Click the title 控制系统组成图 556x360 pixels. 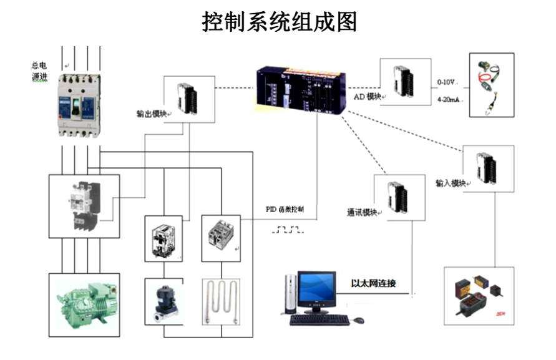pyautogui.click(x=279, y=22)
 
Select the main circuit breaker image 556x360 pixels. pyautogui.click(x=79, y=105)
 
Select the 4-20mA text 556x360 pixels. pyautogui.click(x=448, y=99)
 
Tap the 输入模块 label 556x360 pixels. pyautogui.click(x=451, y=183)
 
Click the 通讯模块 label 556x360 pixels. pyautogui.click(x=362, y=212)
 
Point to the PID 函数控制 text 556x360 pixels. pyautogui.click(x=285, y=209)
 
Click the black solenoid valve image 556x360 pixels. pyautogui.click(x=163, y=303)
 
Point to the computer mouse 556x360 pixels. pyautogui.click(x=358, y=320)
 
